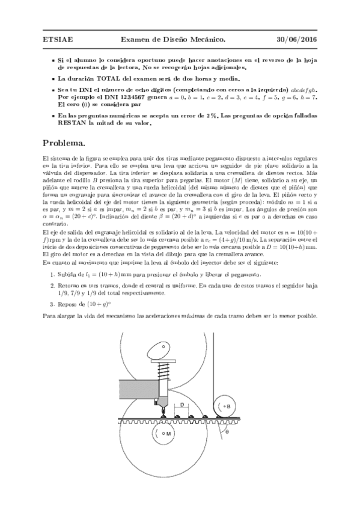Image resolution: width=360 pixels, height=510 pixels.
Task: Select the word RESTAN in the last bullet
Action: pyautogui.click(x=72, y=123)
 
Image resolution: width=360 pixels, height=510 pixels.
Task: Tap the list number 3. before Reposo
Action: pyautogui.click(x=53, y=304)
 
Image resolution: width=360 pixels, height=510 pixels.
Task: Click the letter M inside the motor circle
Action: pyautogui.click(x=168, y=432)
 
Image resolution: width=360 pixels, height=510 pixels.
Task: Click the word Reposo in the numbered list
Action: pyautogui.click(x=69, y=304)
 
